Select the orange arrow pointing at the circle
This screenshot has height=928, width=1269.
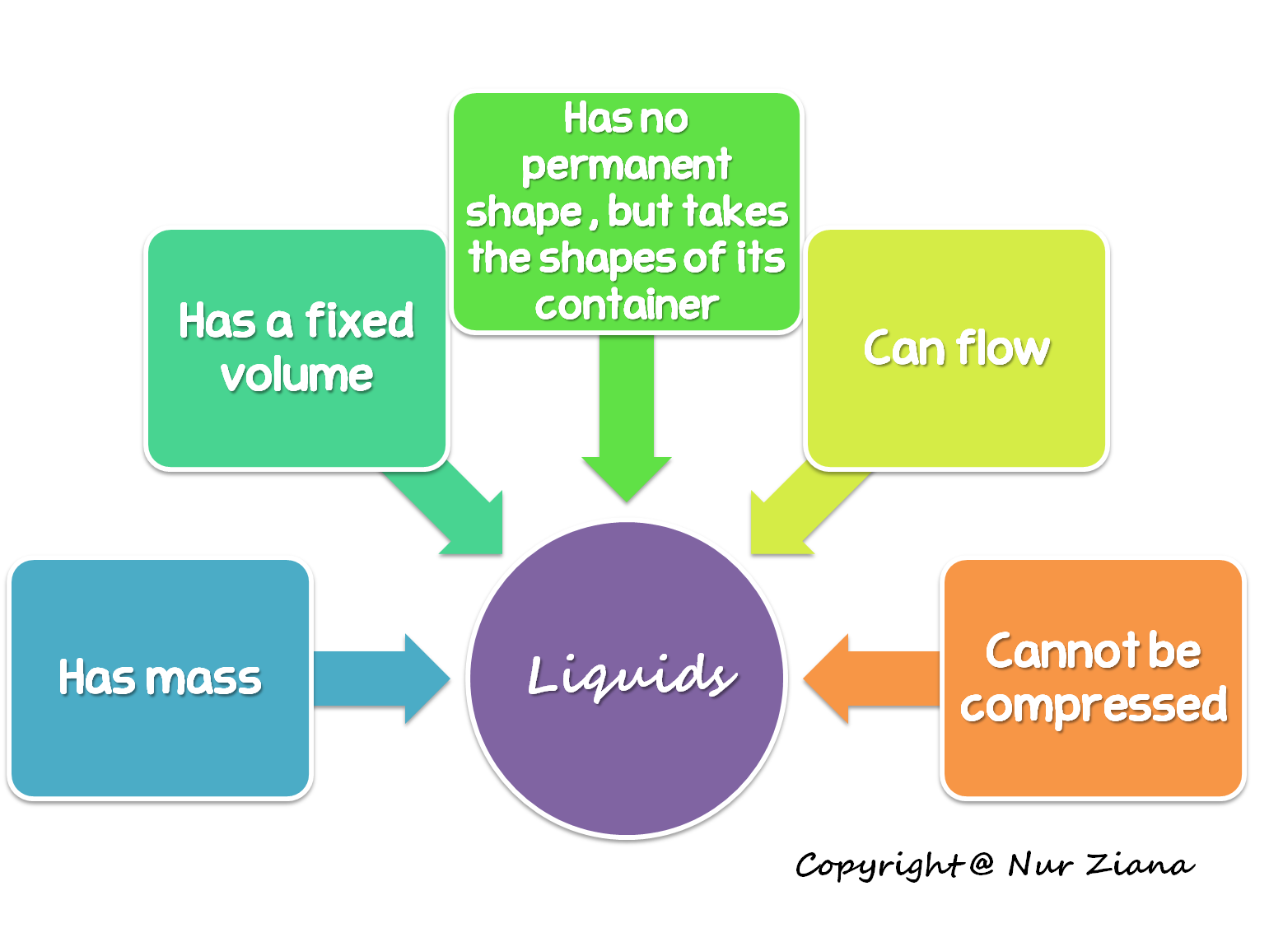[865, 679]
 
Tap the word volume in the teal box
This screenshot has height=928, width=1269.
[296, 375]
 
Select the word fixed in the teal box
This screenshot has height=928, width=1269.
[359, 320]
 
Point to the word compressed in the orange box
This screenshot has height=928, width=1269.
[1093, 706]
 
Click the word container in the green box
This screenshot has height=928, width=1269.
[627, 305]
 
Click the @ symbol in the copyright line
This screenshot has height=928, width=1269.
[981, 864]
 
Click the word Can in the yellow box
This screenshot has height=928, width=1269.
[903, 348]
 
